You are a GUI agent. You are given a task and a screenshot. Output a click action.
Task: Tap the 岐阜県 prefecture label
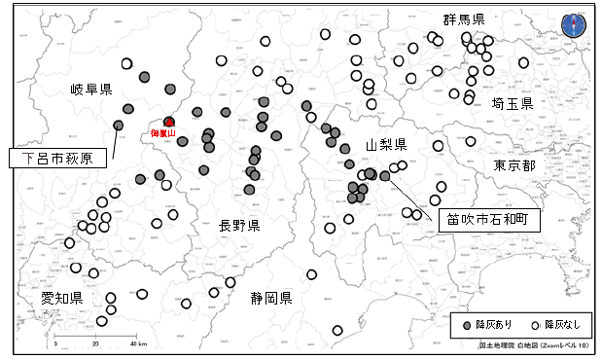[x=91, y=90]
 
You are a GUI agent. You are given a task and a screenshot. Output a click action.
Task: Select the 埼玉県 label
[x=513, y=103]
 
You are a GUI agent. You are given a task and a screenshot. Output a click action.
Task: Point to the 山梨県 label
[x=385, y=144]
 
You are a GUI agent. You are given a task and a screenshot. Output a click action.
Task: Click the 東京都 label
[x=514, y=165]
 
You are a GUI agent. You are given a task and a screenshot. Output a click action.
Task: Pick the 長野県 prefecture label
[x=239, y=226]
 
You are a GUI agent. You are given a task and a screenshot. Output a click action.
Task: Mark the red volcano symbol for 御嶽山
[x=169, y=122]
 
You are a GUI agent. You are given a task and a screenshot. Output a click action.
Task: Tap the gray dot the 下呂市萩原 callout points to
[x=118, y=126]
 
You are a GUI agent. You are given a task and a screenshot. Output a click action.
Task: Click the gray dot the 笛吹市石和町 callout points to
[x=384, y=176]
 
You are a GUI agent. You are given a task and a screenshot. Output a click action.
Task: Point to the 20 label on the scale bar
[x=95, y=344]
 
